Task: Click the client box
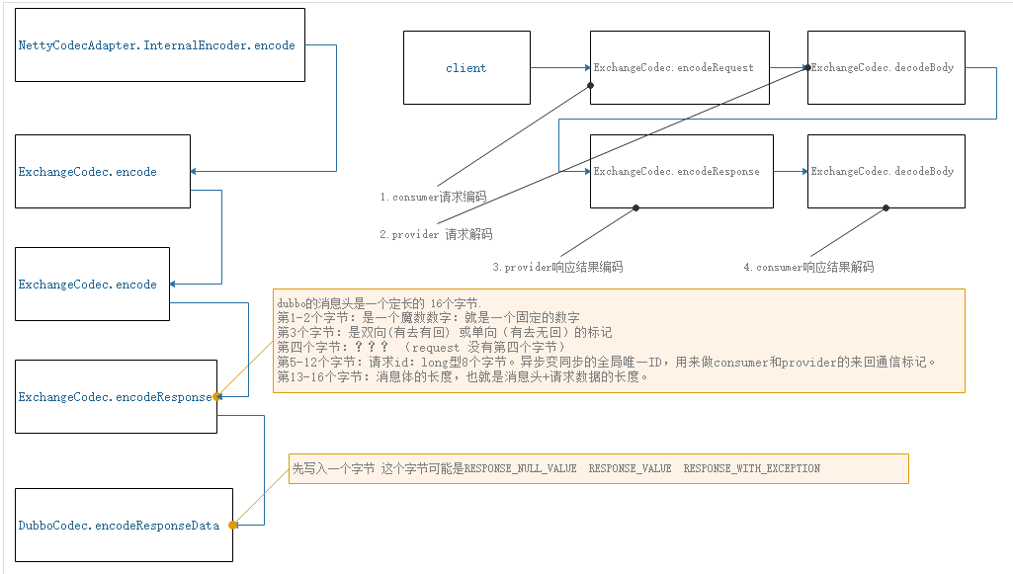tap(466, 68)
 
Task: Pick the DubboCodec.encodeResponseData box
tap(125, 525)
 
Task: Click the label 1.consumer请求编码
tap(433, 197)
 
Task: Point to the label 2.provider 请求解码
tap(436, 235)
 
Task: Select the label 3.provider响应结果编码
tap(557, 267)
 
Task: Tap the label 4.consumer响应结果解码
tap(807, 267)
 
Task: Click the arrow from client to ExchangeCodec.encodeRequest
tap(560, 68)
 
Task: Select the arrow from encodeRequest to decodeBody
tap(788, 68)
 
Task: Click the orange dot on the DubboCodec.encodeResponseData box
tap(232, 525)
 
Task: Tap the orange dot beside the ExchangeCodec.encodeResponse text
tap(216, 396)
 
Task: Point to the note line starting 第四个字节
tap(420, 348)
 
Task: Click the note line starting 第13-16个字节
tap(463, 376)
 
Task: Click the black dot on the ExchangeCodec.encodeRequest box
tap(591, 85)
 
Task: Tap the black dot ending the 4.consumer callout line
tap(886, 207)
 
